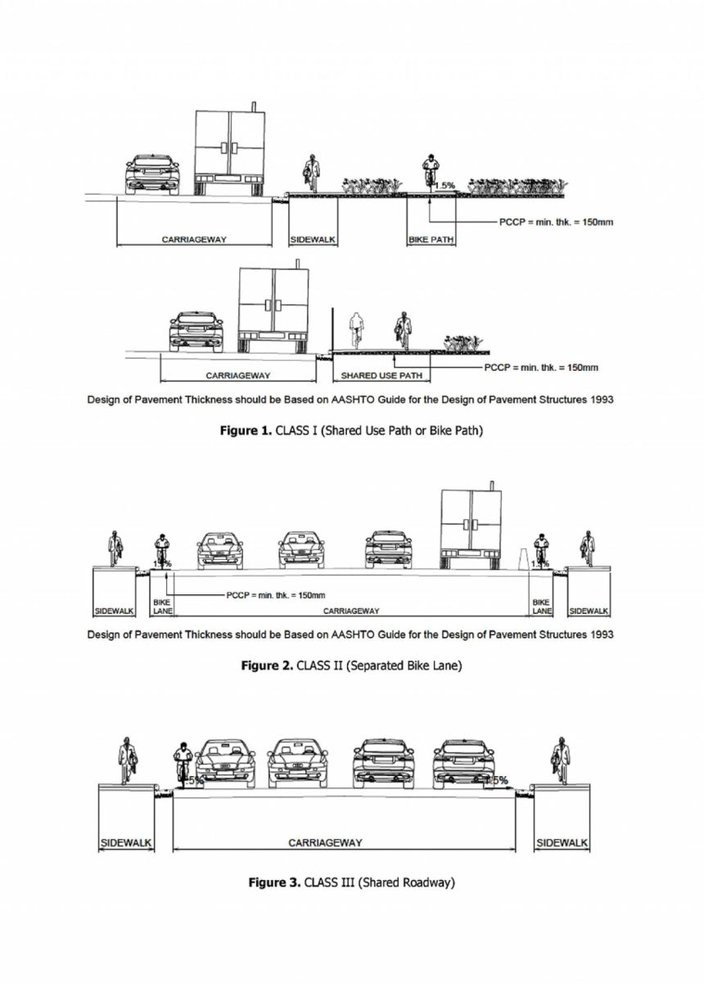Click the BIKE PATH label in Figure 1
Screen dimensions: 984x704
tap(431, 240)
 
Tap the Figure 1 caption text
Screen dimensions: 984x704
tap(351, 431)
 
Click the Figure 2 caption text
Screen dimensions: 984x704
tap(351, 666)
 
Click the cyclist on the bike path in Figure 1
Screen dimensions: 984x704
tap(428, 173)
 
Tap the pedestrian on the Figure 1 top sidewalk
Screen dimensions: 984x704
tap(311, 173)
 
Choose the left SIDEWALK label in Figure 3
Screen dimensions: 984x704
tap(126, 842)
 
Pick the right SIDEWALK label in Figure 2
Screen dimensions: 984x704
tap(589, 611)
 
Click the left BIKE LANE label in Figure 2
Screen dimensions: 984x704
tap(162, 607)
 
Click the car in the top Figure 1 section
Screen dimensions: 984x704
tap(152, 174)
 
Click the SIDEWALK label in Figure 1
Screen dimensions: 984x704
tap(314, 240)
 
